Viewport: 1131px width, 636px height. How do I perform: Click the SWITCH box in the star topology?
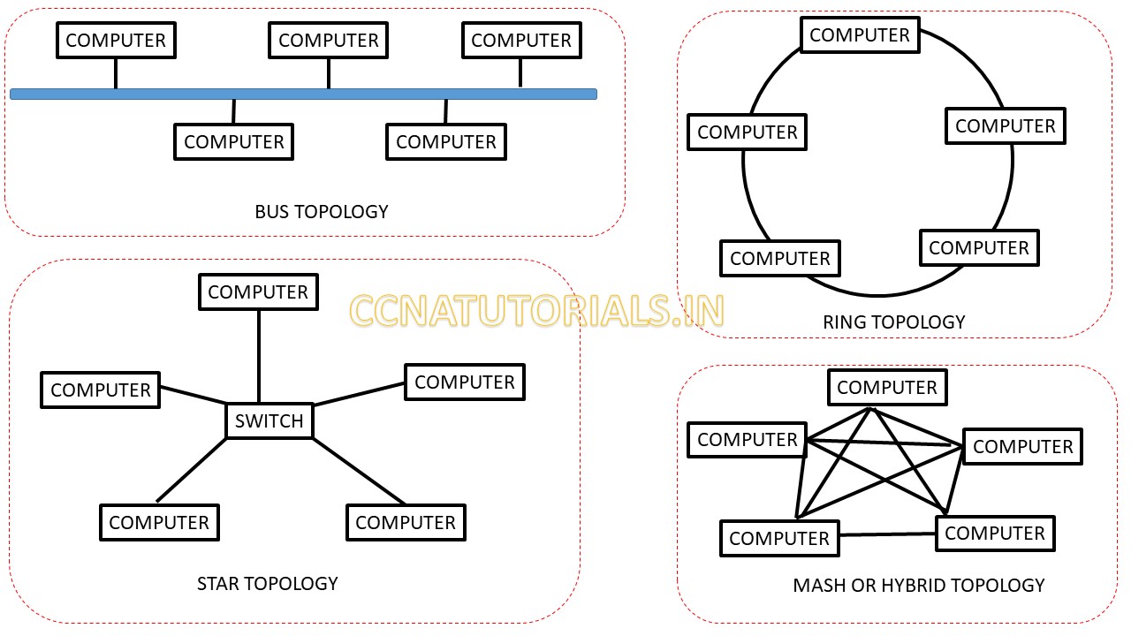point(269,420)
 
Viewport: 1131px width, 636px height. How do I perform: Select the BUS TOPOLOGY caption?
point(322,212)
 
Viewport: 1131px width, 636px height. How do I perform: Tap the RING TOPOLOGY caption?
point(893,322)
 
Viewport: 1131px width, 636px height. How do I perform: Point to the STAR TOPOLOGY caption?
point(267,584)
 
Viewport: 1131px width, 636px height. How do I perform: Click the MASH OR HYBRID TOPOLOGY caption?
point(918,586)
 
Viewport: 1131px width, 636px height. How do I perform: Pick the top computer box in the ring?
point(860,35)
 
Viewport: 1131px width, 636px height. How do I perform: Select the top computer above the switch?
point(258,292)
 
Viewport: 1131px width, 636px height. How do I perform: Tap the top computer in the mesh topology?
point(887,388)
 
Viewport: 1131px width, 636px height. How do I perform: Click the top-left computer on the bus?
point(116,41)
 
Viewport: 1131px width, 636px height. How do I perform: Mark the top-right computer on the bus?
point(521,41)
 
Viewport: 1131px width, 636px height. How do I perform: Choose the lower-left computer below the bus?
point(234,142)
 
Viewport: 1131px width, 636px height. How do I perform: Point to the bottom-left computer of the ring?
point(780,259)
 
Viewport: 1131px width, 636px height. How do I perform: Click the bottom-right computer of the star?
point(406,523)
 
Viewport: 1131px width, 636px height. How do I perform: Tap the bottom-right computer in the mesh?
point(995,534)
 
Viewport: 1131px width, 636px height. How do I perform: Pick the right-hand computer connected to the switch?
point(465,382)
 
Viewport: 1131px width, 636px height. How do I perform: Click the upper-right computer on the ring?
point(1006,126)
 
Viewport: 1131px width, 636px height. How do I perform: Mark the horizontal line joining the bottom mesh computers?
point(887,534)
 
